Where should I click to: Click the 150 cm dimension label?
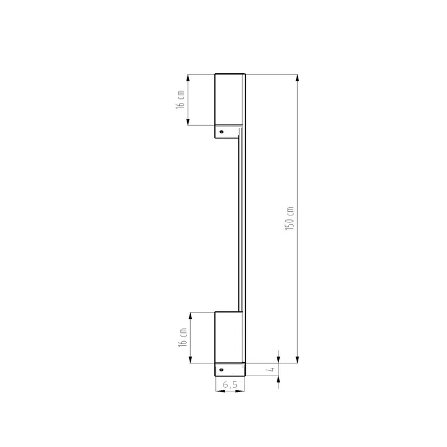[290, 218]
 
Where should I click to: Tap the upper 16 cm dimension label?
[181, 99]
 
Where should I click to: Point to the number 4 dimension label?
[273, 370]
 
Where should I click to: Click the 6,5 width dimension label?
[230, 384]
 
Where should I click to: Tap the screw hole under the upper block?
[221, 132]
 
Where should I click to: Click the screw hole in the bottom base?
[221, 370]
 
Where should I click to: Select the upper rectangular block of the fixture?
[229, 99]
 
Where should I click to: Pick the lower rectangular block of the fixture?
[229, 337]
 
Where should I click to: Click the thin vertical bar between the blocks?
[241, 222]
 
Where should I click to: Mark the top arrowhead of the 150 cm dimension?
[297, 78]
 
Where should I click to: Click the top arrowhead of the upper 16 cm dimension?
[188, 78]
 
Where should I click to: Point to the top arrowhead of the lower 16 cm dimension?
[188, 316]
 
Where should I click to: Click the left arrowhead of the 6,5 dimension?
[218, 391]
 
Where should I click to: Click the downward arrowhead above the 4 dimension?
[278, 359]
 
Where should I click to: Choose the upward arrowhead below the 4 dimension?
[278, 381]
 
